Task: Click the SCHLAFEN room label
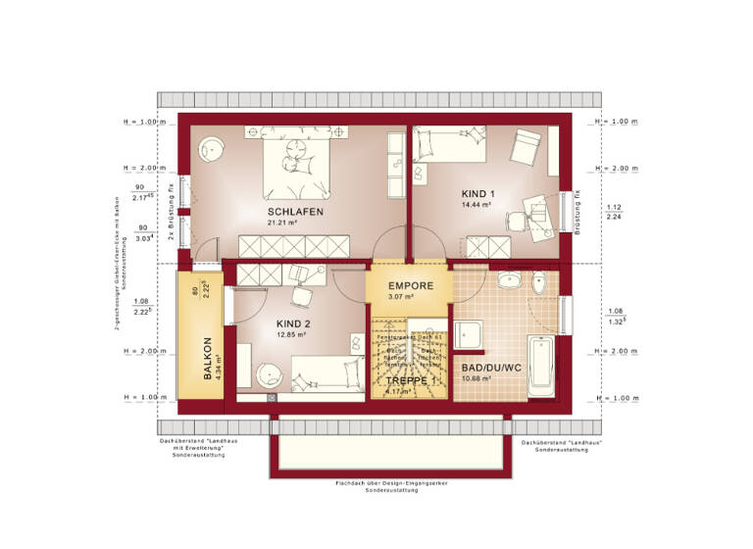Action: [295, 211]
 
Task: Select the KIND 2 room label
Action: [292, 323]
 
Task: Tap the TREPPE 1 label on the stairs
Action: [409, 379]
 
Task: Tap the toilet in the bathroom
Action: [540, 285]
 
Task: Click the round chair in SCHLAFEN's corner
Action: [211, 150]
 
